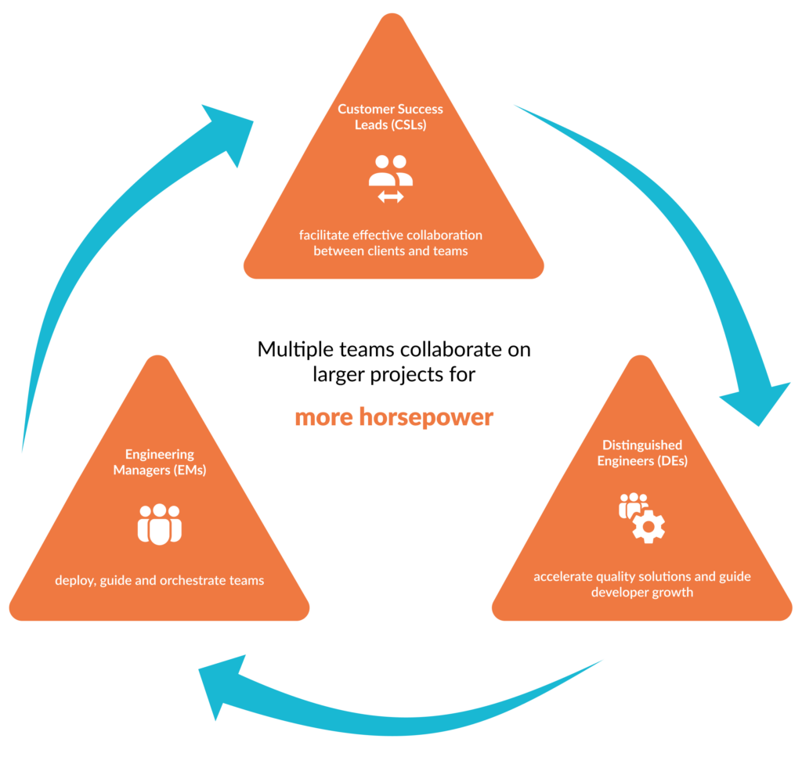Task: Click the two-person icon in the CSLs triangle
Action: (391, 170)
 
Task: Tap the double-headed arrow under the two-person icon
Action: (391, 197)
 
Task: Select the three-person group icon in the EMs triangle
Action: (160, 524)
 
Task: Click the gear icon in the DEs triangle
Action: (648, 527)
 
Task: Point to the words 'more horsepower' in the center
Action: (394, 417)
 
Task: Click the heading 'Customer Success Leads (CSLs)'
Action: (390, 117)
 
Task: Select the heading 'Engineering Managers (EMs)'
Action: (160, 462)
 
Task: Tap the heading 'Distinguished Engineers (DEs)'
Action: (642, 453)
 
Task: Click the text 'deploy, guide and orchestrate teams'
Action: (160, 580)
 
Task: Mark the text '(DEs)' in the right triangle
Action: (672, 461)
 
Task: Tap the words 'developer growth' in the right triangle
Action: (642, 593)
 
